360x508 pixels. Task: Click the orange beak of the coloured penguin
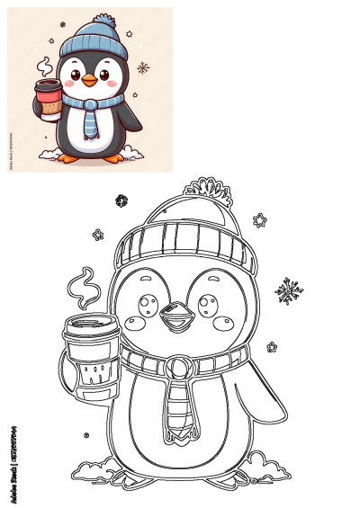pos(89,81)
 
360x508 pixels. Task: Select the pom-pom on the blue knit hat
pos(105,20)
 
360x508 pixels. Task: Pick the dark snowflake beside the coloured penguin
pos(142,67)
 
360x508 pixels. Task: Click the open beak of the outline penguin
pos(175,317)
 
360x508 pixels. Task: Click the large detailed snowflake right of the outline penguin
pos(289,290)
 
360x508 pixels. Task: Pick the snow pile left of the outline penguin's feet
pos(94,468)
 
